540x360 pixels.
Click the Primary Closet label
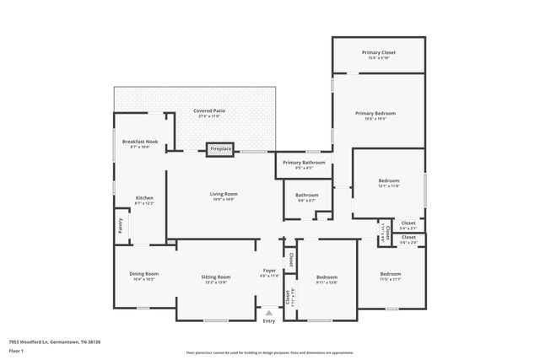pyautogui.click(x=378, y=52)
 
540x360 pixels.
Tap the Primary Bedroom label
pyautogui.click(x=375, y=113)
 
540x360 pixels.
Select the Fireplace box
pyautogui.click(x=220, y=149)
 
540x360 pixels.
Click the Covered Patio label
pyautogui.click(x=208, y=110)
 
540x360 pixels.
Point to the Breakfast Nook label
pyautogui.click(x=140, y=142)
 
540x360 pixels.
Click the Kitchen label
pyautogui.click(x=144, y=198)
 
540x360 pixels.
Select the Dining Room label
pyautogui.click(x=143, y=274)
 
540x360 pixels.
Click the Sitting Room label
pyautogui.click(x=216, y=277)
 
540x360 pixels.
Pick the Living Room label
pyautogui.click(x=224, y=195)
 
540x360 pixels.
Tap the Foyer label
pyautogui.click(x=269, y=271)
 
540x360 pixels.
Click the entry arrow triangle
pyautogui.click(x=269, y=312)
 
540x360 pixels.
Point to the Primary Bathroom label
pyautogui.click(x=304, y=162)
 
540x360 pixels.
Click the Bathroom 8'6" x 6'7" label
pyautogui.click(x=306, y=196)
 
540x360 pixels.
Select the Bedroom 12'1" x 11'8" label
pyautogui.click(x=388, y=181)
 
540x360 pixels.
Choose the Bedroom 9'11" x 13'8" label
pyautogui.click(x=327, y=277)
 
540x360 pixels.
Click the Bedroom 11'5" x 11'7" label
pyautogui.click(x=390, y=274)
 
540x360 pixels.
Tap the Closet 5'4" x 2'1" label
pyautogui.click(x=408, y=223)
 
